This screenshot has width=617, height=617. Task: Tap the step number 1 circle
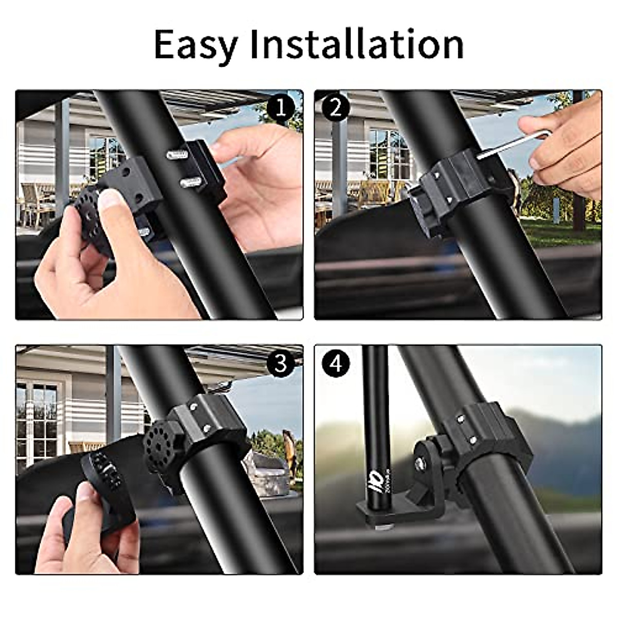click(x=280, y=108)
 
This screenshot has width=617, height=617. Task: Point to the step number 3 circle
click(x=280, y=364)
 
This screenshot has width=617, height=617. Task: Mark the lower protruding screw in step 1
click(x=190, y=182)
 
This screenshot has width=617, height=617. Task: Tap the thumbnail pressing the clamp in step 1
click(x=111, y=207)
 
